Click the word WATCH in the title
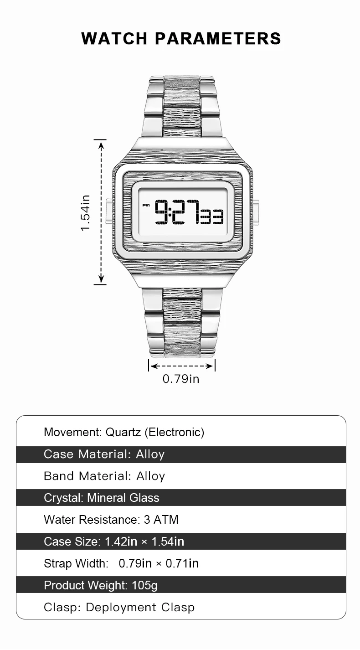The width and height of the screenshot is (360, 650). point(115,38)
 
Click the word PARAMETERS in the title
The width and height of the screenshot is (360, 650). point(218,38)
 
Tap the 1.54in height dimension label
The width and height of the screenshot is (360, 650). point(86,212)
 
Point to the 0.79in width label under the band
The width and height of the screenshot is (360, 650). point(181,379)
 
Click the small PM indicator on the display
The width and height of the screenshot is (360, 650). point(146,205)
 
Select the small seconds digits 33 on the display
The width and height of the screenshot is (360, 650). point(211,217)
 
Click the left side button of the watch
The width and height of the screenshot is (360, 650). point(109,212)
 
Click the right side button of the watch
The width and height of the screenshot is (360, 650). point(256,212)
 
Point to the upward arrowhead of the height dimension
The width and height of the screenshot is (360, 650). point(101,145)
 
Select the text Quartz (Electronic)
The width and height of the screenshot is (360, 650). point(155,432)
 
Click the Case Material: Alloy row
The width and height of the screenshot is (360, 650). point(104,454)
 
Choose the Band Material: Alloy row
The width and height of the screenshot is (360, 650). point(104,476)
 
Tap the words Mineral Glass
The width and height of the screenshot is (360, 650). point(123,498)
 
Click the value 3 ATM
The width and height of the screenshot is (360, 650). point(161,520)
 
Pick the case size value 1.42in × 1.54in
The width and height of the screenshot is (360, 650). point(144,542)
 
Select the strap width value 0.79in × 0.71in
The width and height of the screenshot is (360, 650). point(159,563)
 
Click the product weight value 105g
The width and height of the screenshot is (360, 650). point(144,585)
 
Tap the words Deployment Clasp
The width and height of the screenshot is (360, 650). point(140,607)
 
